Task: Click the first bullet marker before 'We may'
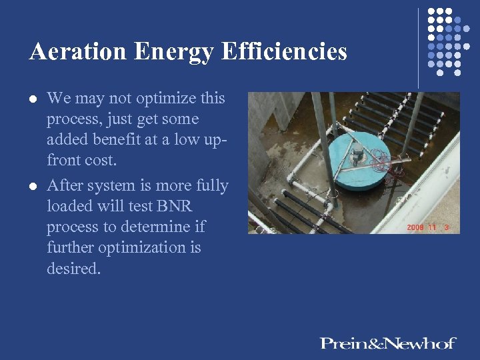(32, 99)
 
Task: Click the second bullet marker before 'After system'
(32, 186)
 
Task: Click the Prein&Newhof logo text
(387, 343)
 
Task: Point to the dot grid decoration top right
(444, 40)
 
